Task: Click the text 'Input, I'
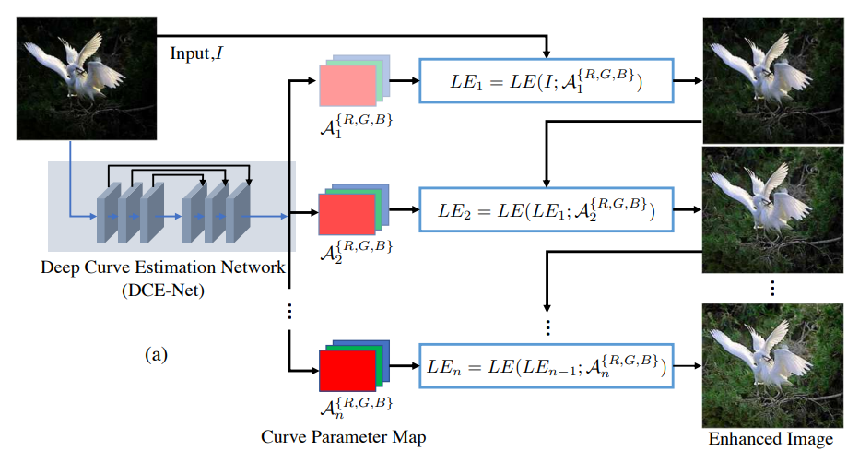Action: pyautogui.click(x=194, y=53)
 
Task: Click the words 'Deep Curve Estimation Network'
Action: pyautogui.click(x=163, y=267)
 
